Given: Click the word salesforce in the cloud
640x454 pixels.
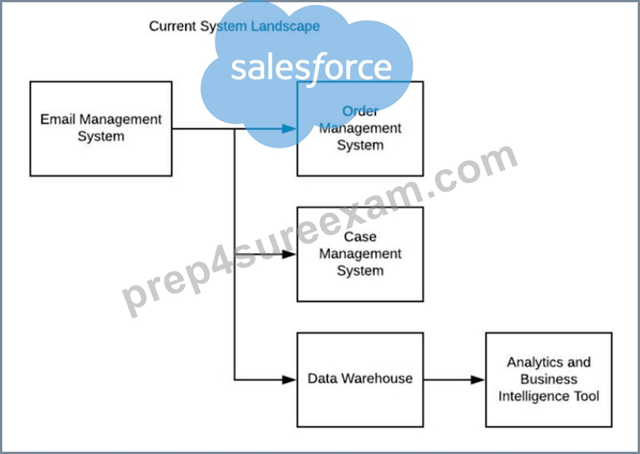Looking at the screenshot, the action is click(311, 67).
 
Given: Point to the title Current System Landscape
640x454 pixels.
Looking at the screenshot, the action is click(234, 26).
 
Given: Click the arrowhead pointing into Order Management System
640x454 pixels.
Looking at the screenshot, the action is click(289, 129).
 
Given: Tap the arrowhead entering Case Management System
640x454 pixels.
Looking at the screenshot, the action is click(289, 255).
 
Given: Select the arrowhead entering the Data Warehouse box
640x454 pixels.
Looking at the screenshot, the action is click(289, 380).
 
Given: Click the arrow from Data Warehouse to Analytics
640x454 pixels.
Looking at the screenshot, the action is click(454, 380).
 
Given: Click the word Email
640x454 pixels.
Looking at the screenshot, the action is click(57, 120).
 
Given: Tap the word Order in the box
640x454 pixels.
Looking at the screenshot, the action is click(360, 111).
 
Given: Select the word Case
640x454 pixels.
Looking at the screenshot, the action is click(360, 237).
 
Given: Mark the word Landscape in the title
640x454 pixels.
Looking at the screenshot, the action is click(286, 26).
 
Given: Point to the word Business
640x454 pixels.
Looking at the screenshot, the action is click(548, 379).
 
